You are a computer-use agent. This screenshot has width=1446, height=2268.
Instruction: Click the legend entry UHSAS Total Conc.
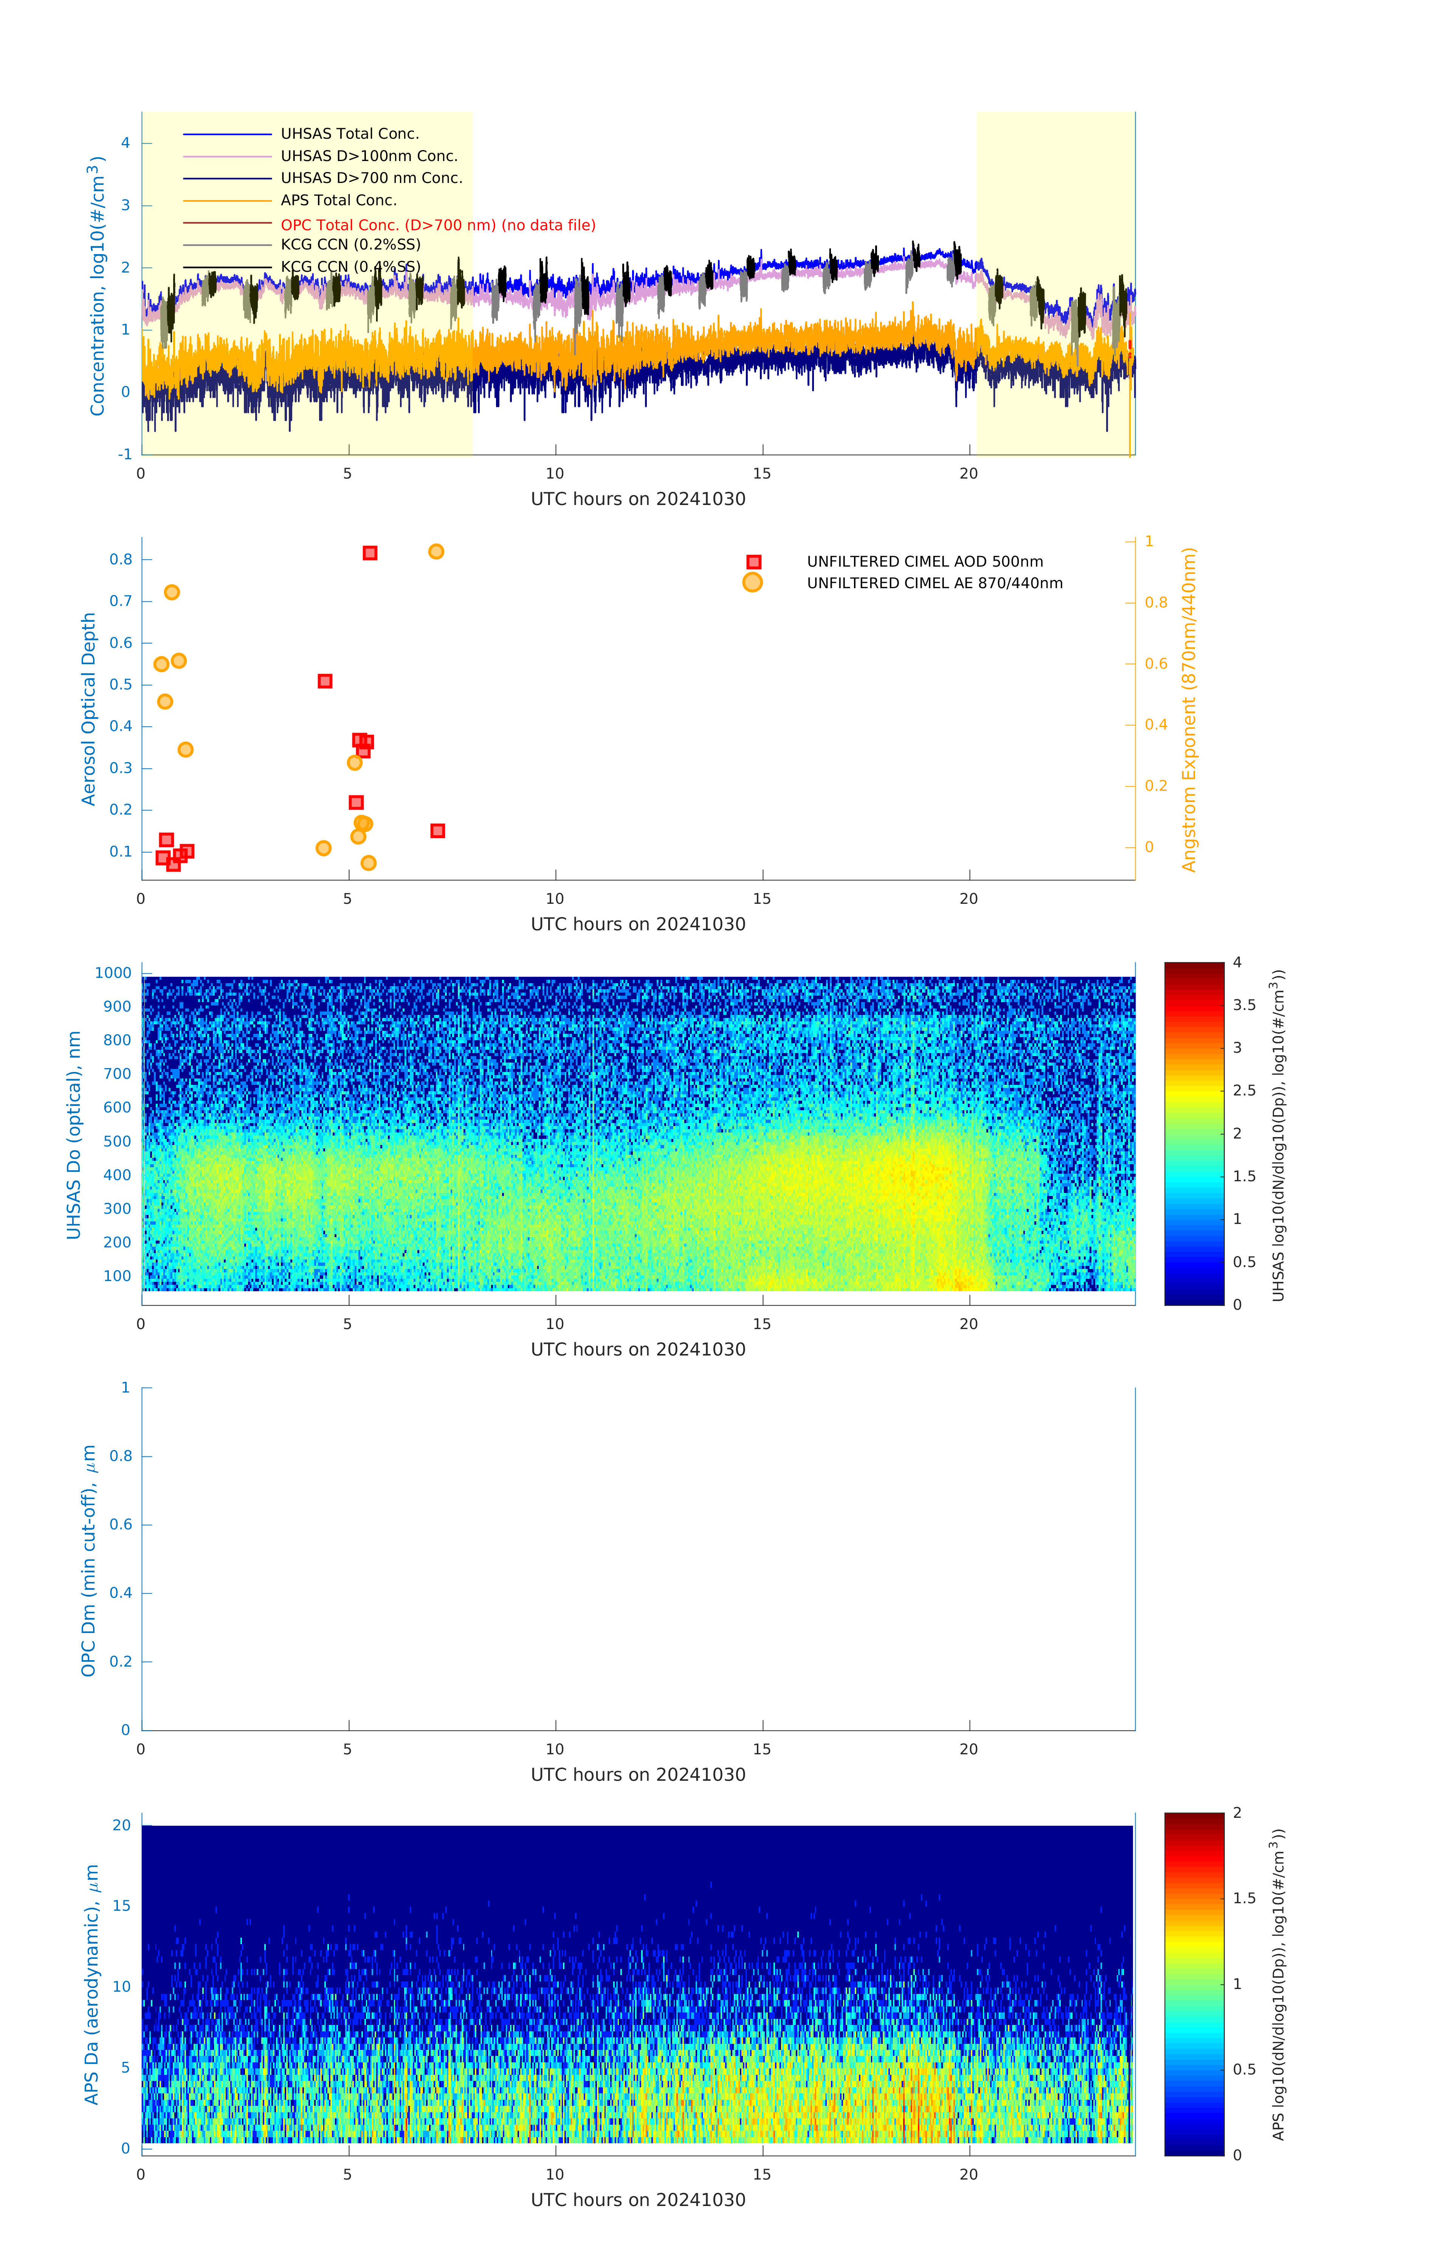(349, 134)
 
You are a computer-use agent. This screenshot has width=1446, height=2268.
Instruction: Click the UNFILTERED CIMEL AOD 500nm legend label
(924, 561)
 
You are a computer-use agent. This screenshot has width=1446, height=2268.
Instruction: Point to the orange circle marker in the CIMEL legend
(752, 583)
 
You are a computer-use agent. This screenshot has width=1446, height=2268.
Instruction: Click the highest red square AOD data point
(370, 553)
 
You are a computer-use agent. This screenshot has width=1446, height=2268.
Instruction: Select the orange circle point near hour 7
(436, 552)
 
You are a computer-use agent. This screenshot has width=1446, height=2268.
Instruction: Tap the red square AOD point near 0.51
(325, 681)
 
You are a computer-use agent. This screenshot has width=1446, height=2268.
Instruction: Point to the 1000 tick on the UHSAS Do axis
(113, 973)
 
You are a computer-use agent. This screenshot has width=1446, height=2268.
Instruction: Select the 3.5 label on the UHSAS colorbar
(1245, 1005)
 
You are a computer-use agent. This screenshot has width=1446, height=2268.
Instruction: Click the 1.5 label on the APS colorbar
(1245, 1898)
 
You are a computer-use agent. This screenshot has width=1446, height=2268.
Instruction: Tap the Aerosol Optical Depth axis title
(88, 709)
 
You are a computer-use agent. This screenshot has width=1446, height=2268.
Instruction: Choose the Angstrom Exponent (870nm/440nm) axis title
(1189, 709)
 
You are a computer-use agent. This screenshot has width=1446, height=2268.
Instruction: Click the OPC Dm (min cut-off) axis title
(88, 1560)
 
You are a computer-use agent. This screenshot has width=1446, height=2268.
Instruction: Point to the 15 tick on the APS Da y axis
(121, 1905)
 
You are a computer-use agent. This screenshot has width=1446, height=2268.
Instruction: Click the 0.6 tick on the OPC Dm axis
(121, 1524)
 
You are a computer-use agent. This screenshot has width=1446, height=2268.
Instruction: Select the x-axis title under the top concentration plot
(638, 499)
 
